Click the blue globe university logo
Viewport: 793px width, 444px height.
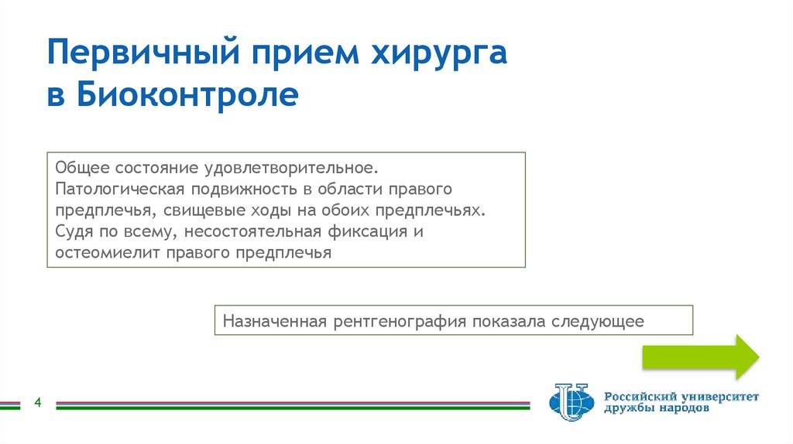572,401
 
